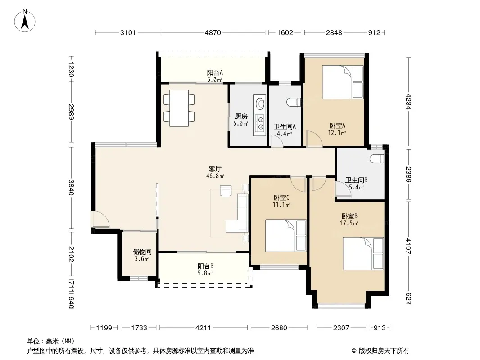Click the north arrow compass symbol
point(25,21)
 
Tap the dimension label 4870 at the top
point(213,33)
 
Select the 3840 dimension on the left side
point(71,187)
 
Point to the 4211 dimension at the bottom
point(203,328)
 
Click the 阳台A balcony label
point(215,73)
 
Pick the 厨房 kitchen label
point(241,116)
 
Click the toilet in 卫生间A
point(294,102)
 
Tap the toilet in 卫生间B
point(376,158)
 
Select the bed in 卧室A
point(343,82)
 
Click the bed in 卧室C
point(286,235)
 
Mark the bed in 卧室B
point(363,253)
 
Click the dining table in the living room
point(179,108)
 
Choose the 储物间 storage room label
point(142,252)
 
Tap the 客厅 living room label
point(215,169)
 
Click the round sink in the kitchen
point(260,103)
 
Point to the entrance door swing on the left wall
point(100,219)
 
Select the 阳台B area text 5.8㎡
point(205,274)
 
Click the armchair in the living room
point(226,191)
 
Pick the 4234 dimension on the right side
point(408,102)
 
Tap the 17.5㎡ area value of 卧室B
point(349,223)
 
